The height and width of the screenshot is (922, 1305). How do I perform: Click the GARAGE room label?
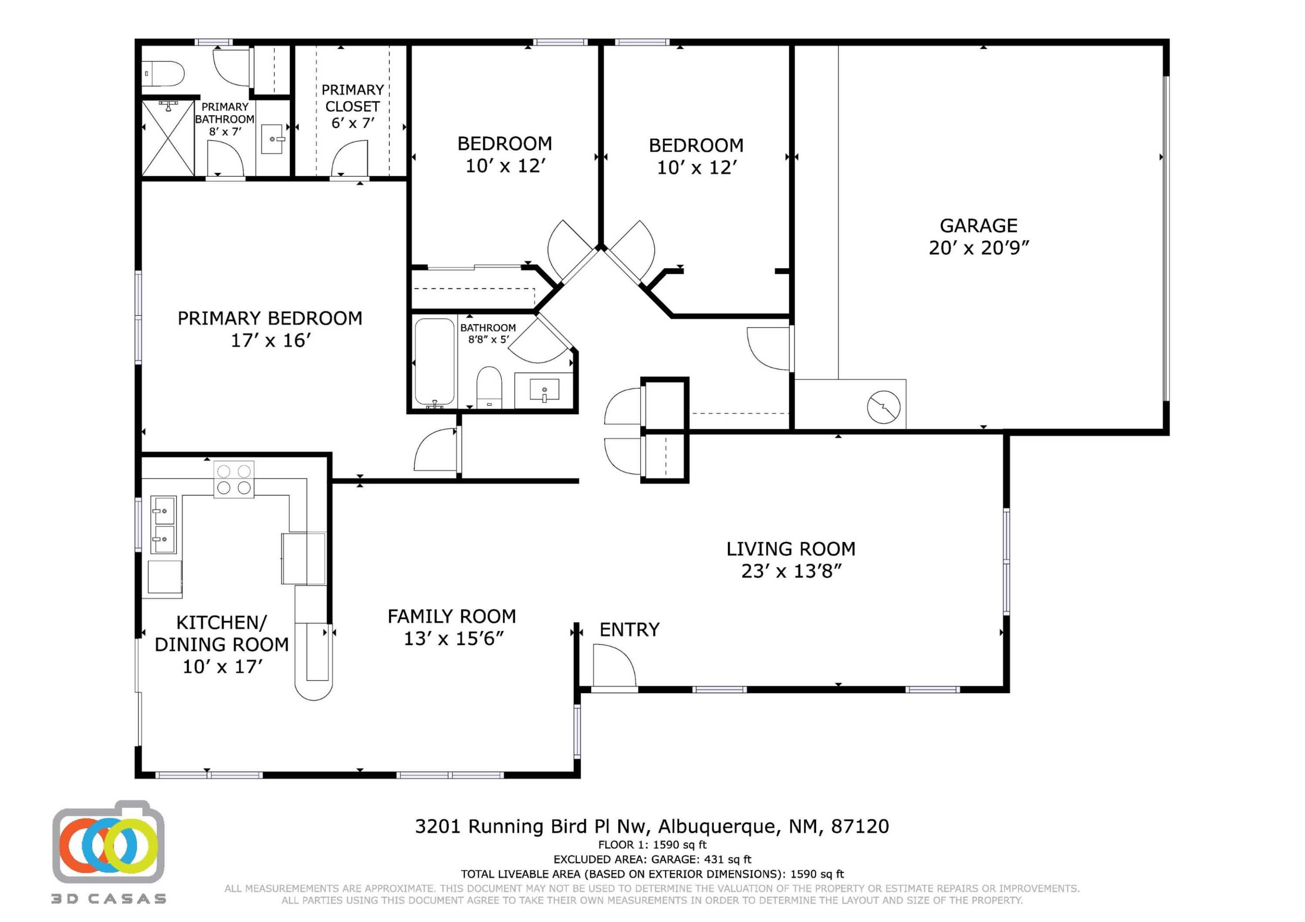click(x=978, y=226)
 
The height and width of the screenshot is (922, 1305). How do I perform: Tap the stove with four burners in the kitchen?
click(x=234, y=479)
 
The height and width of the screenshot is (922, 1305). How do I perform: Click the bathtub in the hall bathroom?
click(x=434, y=361)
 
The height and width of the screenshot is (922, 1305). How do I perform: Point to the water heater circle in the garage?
click(x=883, y=407)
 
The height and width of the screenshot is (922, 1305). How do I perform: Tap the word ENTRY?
click(x=629, y=629)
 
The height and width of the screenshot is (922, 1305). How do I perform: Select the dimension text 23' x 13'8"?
click(x=791, y=571)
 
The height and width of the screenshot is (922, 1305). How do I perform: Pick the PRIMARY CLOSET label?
click(x=352, y=98)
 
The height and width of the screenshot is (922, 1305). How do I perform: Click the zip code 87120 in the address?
click(x=860, y=826)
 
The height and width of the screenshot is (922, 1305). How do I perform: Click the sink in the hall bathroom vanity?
click(x=544, y=390)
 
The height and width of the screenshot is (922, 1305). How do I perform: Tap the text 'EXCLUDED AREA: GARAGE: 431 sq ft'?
click(x=652, y=859)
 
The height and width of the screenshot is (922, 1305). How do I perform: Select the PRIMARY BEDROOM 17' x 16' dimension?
click(x=271, y=340)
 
